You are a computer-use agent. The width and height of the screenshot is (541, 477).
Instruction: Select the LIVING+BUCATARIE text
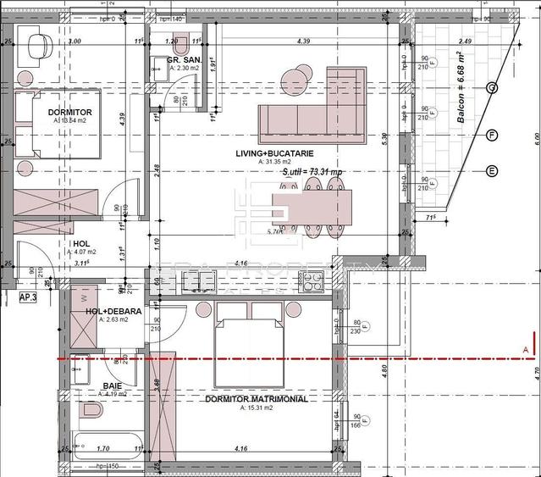click(x=275, y=153)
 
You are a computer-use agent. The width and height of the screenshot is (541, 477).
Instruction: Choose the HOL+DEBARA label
click(x=107, y=311)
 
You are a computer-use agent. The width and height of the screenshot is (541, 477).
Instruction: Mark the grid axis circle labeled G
click(x=492, y=88)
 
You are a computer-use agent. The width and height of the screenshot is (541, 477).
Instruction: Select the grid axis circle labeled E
click(x=492, y=170)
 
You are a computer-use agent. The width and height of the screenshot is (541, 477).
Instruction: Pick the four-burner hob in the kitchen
click(x=314, y=280)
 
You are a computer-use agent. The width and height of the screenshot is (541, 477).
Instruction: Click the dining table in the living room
click(x=311, y=205)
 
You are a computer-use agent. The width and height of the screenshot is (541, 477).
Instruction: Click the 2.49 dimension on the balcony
click(x=465, y=40)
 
